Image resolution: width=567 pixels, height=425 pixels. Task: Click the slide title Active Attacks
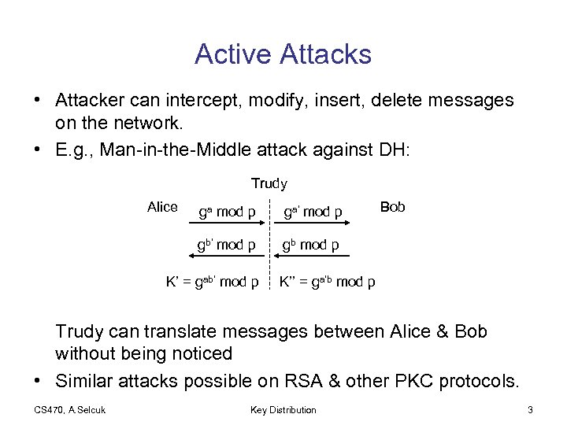pyautogui.click(x=283, y=54)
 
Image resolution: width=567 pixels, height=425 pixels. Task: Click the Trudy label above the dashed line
pyautogui.click(x=269, y=183)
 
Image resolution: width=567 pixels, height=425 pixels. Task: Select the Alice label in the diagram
pyautogui.click(x=162, y=207)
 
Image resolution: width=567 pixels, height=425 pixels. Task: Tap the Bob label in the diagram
pyautogui.click(x=392, y=207)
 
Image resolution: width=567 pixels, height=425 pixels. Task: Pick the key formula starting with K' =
pyautogui.click(x=211, y=282)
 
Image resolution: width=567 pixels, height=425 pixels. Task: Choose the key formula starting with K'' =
pyautogui.click(x=327, y=282)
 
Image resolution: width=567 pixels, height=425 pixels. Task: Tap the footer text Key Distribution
pyautogui.click(x=283, y=409)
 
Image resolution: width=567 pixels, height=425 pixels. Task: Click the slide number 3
pyautogui.click(x=531, y=409)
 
